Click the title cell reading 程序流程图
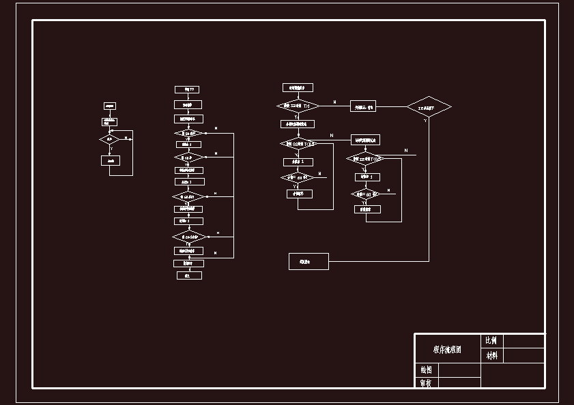447,349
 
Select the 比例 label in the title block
491,340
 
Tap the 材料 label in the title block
491,355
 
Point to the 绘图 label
425,370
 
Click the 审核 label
425,383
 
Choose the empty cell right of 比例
523,340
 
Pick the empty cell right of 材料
523,355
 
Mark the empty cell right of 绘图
458,370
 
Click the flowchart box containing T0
188,89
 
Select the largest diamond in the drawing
429,107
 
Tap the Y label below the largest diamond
425,121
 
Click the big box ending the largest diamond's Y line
308,261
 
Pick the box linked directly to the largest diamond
363,107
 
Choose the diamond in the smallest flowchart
109,139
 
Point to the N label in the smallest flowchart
126,138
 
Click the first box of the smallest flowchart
109,106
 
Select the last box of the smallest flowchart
110,160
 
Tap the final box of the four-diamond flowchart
188,275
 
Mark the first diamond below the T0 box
188,133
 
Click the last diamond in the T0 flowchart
188,237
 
